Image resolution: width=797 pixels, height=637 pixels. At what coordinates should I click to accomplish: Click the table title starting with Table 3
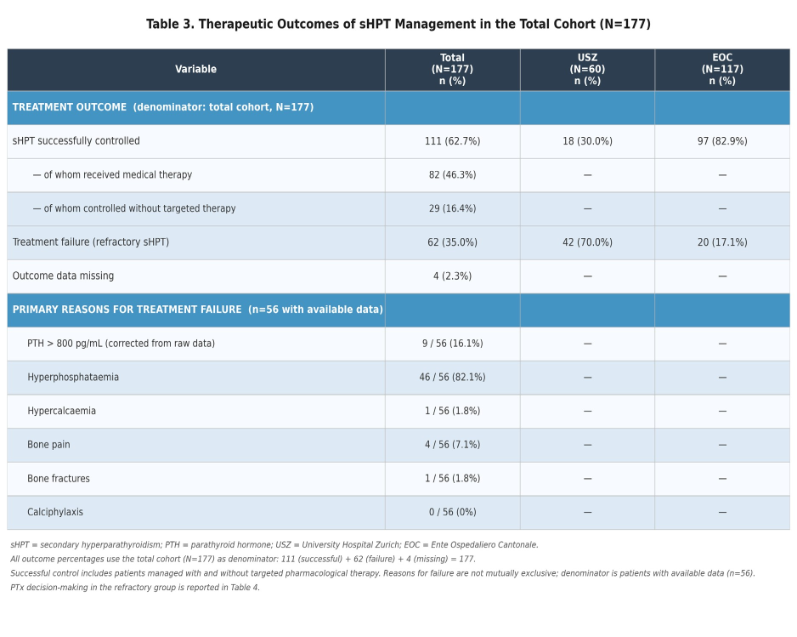point(398,25)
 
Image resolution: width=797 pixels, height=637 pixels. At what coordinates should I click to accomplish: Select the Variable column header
point(195,69)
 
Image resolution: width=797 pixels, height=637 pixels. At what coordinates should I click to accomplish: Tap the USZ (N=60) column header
point(587,69)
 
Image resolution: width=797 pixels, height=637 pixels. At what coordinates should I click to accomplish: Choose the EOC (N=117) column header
point(722,69)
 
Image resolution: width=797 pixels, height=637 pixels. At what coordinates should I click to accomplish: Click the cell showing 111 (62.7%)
point(452,141)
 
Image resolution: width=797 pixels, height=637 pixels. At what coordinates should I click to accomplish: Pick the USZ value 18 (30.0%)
point(587,141)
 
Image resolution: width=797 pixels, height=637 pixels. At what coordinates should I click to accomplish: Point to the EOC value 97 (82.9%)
point(722,141)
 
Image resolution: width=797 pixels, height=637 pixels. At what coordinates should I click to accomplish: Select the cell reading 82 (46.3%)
point(452,174)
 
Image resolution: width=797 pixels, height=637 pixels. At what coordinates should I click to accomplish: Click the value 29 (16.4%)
point(452,208)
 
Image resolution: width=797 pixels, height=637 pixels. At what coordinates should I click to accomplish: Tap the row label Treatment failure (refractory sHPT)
point(91,242)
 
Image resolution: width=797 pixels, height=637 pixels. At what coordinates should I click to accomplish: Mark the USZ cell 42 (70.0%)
point(587,242)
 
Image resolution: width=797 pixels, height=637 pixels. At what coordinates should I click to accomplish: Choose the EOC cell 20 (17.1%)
point(722,242)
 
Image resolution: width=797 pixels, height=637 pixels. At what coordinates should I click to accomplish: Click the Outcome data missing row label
point(63,276)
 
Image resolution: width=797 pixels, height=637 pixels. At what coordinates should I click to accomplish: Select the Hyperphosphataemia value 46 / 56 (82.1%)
point(452,377)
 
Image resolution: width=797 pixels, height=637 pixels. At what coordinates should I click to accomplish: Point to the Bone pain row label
point(48,445)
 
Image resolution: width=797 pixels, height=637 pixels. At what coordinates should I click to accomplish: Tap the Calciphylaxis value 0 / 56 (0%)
point(452,512)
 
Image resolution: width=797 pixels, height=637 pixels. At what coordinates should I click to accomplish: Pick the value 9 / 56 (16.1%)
point(452,344)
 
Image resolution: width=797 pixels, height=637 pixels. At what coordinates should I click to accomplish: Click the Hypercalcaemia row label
point(61,411)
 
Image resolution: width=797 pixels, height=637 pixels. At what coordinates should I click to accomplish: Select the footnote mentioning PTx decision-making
point(135,587)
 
